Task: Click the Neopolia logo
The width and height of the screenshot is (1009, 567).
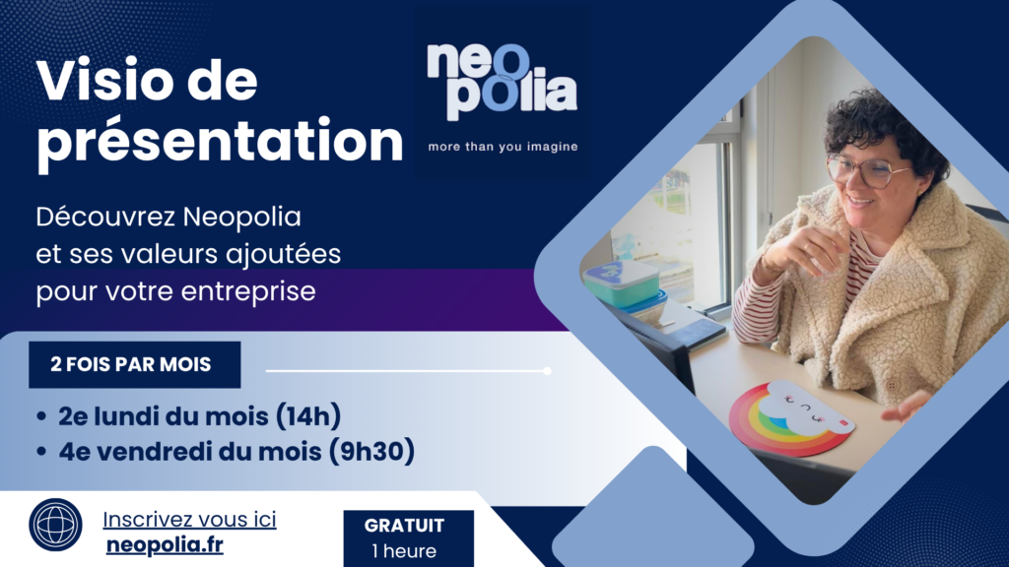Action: (x=502, y=83)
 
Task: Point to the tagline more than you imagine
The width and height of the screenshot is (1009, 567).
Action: (x=503, y=148)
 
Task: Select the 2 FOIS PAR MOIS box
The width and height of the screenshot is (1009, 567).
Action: (x=134, y=364)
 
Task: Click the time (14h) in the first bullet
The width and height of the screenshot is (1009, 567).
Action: (x=308, y=416)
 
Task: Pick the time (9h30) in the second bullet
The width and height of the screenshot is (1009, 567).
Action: (x=371, y=451)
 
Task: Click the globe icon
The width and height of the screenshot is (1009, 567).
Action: (x=55, y=525)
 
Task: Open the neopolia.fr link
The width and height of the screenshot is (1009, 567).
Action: (x=165, y=545)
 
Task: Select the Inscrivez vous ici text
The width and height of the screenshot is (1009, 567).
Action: (x=189, y=520)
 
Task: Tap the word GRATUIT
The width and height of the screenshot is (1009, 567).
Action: (x=404, y=526)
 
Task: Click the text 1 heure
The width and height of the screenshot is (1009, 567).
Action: (x=404, y=551)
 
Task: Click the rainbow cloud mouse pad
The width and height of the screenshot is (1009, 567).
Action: (x=791, y=417)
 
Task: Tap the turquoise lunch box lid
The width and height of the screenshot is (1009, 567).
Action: (x=621, y=276)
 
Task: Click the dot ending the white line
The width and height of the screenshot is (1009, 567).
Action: (x=547, y=371)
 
